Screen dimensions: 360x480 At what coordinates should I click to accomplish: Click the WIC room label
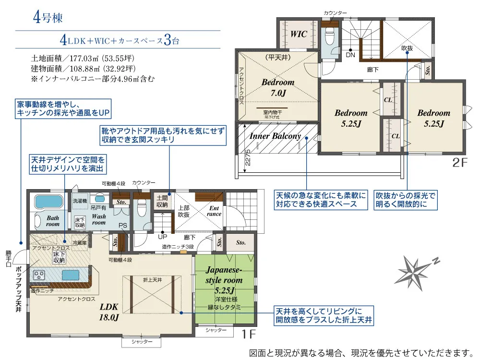coord(299,34)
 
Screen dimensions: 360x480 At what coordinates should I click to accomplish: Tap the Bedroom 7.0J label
coord(278,87)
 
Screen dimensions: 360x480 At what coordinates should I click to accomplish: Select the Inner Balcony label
coord(275,136)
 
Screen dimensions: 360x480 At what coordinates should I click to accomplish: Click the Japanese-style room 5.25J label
coord(225,280)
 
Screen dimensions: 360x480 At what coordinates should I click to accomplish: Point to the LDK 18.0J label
coord(109,312)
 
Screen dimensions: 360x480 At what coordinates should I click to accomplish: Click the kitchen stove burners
coord(39,275)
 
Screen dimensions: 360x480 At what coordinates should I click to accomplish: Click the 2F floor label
coord(459,162)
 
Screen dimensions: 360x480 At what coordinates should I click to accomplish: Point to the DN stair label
coord(350,55)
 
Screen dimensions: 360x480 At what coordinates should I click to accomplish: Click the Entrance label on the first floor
coord(214,211)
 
